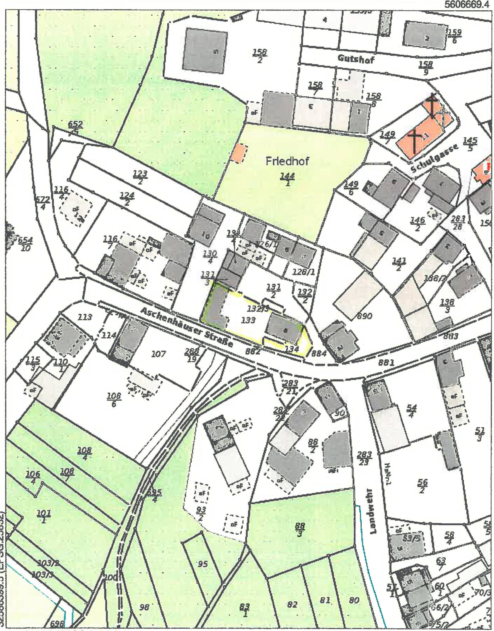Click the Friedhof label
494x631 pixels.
coord(287,161)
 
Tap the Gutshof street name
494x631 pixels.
coord(356,59)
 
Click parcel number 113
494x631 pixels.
coord(85,317)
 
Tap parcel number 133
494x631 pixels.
coord(248,320)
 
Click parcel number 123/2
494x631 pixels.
coord(140,177)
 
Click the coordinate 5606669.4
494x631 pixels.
coord(468,5)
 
